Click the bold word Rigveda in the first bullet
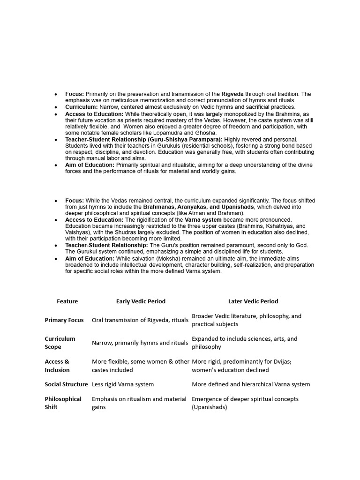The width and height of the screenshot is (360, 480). tap(232, 94)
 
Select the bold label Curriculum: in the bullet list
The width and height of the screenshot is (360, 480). tap(82, 107)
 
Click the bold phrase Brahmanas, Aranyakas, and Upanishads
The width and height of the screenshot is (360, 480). tap(199, 207)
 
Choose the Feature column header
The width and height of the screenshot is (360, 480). tap(67, 301)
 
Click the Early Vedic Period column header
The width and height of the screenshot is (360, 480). tap(141, 301)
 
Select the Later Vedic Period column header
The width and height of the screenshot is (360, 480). tap(253, 301)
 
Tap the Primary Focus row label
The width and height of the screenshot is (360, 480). tap(64, 320)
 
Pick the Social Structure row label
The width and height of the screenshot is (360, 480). tap(66, 384)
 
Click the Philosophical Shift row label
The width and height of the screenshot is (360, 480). tap(63, 403)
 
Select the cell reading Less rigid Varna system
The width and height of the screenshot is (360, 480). tap(123, 384)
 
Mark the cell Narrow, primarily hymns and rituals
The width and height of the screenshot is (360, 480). tap(140, 343)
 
